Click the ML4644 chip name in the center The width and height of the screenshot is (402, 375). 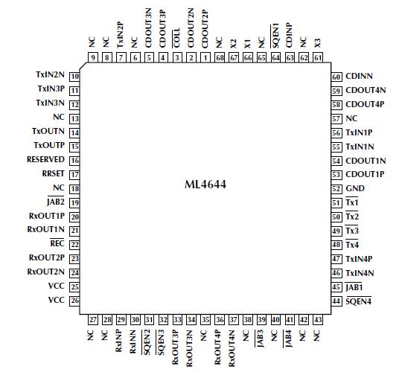205,183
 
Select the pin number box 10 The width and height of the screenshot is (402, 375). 75,76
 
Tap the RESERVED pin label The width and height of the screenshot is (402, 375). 45,160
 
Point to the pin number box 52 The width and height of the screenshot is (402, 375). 336,188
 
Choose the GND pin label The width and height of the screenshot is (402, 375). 356,188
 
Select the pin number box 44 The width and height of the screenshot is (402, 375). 336,301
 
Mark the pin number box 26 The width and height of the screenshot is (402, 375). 75,301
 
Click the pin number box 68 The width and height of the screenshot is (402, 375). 219,57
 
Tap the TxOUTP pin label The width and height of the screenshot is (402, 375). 49,146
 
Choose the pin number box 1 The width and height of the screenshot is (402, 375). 205,57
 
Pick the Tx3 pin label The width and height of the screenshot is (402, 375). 353,231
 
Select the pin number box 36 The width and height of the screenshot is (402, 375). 219,319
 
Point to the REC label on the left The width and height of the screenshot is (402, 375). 57,244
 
